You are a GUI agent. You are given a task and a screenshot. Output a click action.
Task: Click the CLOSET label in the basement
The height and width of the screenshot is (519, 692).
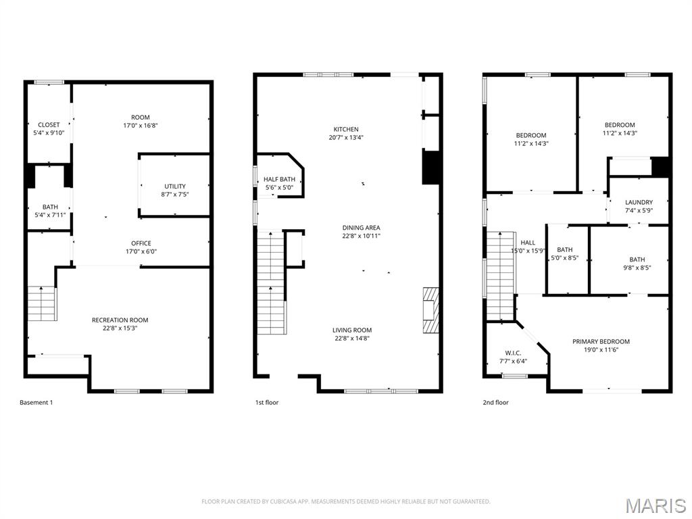49,125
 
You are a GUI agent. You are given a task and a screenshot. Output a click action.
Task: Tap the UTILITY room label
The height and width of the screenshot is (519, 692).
175,187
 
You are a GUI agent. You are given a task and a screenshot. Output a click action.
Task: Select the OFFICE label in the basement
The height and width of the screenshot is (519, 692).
141,243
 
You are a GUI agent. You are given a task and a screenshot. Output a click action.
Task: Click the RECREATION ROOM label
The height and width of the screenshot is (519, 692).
120,320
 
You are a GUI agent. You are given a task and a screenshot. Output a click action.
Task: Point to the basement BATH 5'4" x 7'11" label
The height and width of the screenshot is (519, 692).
50,207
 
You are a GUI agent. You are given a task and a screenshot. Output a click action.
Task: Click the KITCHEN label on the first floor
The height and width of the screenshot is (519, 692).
346,129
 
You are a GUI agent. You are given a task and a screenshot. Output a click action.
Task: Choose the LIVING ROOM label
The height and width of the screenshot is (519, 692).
352,330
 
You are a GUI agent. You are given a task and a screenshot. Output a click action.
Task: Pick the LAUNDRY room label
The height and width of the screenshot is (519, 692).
639,202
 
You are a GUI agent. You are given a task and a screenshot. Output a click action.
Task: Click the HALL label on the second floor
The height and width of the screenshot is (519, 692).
528,243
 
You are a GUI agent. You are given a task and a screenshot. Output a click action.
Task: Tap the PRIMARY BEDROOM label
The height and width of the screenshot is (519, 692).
601,341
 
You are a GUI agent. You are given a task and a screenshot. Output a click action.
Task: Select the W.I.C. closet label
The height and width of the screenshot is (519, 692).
513,353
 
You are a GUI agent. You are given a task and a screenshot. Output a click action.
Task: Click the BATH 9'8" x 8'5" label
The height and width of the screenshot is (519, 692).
637,259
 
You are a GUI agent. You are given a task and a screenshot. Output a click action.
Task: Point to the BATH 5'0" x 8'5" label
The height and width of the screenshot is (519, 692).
564,250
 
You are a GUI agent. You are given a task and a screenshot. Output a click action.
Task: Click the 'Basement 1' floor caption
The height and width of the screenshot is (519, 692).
36,403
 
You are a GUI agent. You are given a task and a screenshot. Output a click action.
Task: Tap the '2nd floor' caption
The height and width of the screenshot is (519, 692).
495,403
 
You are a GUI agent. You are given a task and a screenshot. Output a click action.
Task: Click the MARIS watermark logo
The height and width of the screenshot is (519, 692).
655,505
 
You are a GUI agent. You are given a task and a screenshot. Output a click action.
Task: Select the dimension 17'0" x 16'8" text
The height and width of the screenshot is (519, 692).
141,126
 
